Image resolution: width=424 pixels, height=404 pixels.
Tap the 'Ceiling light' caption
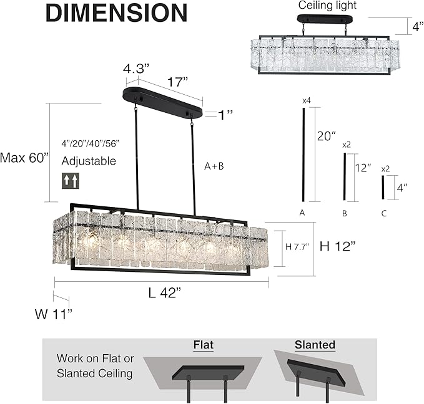tap(327, 6)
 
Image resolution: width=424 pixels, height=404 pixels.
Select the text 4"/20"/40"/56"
tap(90, 143)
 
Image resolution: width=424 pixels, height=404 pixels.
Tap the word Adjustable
tap(89, 161)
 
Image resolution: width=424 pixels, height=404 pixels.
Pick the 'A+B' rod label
tap(214, 166)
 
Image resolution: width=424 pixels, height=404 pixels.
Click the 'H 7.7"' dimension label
tap(298, 248)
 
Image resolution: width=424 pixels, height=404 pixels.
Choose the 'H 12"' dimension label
tap(338, 246)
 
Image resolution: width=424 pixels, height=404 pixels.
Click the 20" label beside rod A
tap(327, 136)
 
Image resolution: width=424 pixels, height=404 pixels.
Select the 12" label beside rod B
tap(362, 168)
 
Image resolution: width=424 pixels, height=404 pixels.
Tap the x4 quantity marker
tap(306, 100)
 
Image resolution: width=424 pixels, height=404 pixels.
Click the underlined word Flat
tap(204, 345)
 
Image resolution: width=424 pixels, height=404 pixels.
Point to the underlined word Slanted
tap(314, 345)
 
